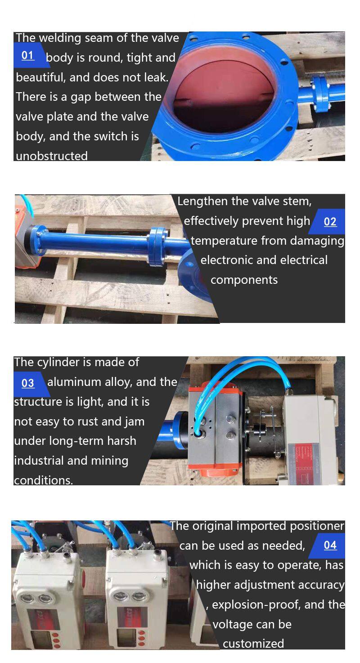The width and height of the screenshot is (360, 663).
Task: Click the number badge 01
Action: coord(28,55)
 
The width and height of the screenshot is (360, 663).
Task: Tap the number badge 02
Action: coord(330,221)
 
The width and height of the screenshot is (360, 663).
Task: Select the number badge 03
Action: coord(28,383)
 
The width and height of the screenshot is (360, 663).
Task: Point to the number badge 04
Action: coord(330,545)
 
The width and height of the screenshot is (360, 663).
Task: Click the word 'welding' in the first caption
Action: coord(60,39)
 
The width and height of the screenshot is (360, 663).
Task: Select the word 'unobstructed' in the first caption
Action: coord(51,156)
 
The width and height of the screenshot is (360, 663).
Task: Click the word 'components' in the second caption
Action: coord(244,280)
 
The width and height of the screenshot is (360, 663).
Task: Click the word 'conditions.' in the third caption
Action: coord(43,480)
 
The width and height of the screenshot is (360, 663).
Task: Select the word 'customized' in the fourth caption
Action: coord(253,644)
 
